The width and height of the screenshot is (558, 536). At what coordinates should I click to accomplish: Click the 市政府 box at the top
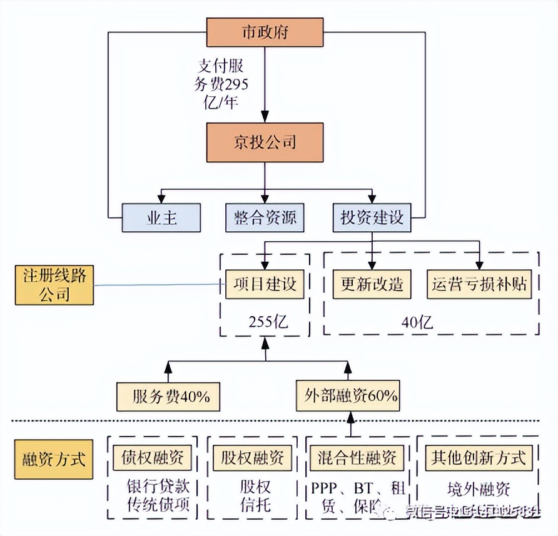click(265, 32)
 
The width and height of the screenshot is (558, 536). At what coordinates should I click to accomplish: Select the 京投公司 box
click(265, 142)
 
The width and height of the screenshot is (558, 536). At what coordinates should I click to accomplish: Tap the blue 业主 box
click(161, 218)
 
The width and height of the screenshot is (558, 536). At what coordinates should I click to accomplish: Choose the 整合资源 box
click(265, 218)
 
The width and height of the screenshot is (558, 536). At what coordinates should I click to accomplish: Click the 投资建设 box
click(372, 218)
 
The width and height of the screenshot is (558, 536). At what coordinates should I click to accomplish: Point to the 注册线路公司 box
click(55, 285)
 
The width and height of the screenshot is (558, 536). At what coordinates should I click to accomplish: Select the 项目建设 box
click(265, 284)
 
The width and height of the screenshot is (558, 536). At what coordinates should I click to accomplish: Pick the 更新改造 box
click(372, 284)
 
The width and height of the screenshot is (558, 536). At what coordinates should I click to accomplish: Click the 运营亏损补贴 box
click(480, 284)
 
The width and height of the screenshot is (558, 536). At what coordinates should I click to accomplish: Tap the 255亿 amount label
click(265, 322)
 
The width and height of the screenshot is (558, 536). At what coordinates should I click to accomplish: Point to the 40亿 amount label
click(418, 322)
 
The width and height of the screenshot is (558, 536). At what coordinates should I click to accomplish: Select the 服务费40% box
click(168, 397)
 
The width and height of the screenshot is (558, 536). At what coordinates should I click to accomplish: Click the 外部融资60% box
click(348, 397)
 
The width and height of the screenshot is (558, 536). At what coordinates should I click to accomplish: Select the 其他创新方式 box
click(479, 458)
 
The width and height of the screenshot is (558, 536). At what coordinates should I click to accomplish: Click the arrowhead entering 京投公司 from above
click(265, 117)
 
